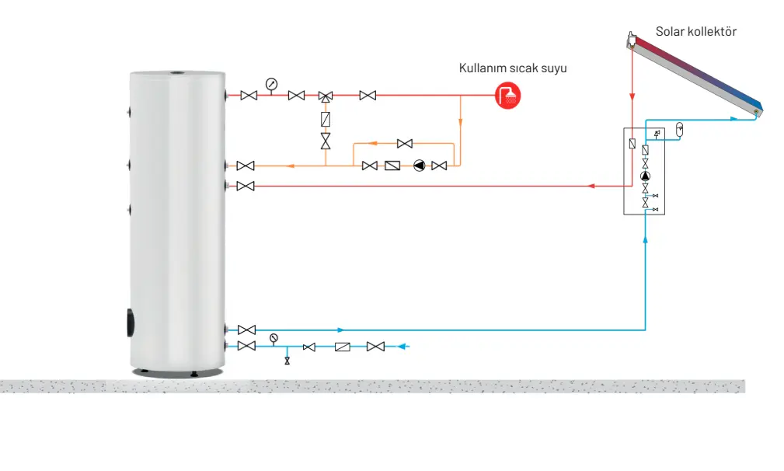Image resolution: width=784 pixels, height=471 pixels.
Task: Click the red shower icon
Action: (508, 96)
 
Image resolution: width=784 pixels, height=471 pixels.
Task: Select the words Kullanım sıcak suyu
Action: (513, 68)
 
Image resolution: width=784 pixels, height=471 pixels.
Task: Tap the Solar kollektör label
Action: (695, 32)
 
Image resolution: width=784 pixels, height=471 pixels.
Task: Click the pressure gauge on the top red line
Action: (271, 84)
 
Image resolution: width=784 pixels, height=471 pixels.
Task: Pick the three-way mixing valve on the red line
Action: (326, 96)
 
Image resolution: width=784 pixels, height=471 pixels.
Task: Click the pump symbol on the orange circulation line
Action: (420, 166)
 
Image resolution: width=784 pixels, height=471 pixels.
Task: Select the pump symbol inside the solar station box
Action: (646, 176)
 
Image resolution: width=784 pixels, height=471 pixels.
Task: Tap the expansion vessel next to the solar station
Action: (678, 128)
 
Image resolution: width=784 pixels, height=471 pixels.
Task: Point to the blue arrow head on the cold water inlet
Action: (403, 347)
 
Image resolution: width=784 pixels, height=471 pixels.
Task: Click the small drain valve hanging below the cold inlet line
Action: (287, 361)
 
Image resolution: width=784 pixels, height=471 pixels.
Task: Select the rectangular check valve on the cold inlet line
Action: (343, 347)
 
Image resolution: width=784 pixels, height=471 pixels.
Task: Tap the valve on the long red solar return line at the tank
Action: (246, 186)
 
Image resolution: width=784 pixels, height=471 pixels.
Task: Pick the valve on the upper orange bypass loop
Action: (404, 143)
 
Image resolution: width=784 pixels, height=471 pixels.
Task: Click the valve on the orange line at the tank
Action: (246, 166)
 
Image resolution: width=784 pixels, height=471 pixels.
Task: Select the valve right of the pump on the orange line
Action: (439, 166)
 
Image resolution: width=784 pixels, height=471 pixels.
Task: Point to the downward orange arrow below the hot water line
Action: (461, 120)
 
